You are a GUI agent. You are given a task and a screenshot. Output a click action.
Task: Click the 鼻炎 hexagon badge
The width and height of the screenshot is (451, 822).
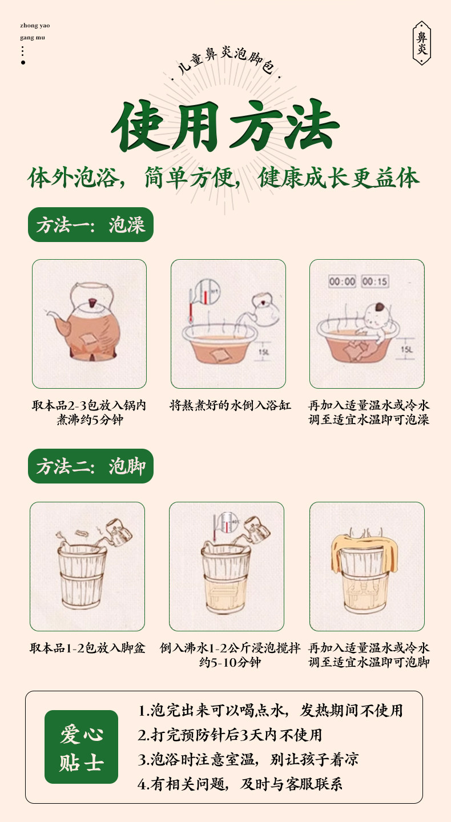(x=422, y=43)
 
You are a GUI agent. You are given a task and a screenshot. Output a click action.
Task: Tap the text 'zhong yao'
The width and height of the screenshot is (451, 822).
(x=35, y=25)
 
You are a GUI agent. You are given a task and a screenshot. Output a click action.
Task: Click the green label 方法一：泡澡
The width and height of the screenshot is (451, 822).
(x=91, y=224)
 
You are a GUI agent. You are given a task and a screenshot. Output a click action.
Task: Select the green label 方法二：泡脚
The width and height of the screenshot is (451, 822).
(x=91, y=466)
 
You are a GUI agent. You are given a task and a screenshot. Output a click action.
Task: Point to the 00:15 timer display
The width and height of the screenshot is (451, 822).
(x=375, y=281)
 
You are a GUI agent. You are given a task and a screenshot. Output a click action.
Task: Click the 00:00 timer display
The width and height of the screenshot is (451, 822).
(x=342, y=281)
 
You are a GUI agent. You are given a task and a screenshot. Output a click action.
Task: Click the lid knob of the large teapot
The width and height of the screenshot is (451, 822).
(x=92, y=303)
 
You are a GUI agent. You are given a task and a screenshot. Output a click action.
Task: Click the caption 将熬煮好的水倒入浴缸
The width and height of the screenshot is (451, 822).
(x=230, y=405)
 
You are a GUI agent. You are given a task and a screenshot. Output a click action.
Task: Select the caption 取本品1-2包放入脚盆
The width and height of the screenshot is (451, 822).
(x=87, y=648)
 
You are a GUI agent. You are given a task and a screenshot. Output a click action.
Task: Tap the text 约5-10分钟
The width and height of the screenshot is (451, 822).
(x=230, y=662)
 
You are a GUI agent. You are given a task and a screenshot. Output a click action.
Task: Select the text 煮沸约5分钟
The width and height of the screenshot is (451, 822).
(x=90, y=420)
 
